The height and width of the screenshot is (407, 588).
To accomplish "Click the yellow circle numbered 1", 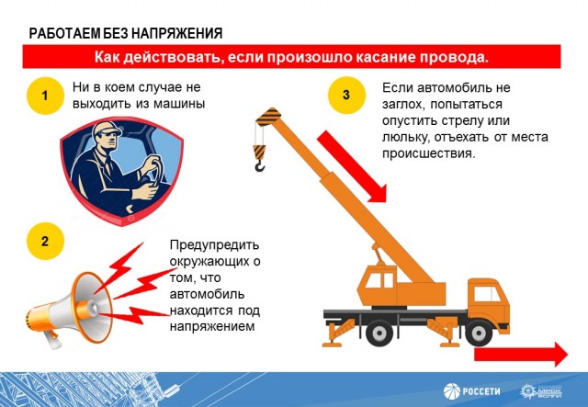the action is pos(45,96).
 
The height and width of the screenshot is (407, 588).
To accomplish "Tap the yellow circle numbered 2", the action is pos(45,241).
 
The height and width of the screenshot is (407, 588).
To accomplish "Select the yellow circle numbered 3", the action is pos(346,95).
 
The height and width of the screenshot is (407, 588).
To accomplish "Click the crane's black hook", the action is pos(259,165).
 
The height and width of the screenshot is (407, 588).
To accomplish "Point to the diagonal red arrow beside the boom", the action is pos(351,166).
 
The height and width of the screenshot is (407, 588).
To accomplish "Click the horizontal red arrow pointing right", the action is pos(521,355).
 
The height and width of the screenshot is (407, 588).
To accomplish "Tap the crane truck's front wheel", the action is pos(479,333).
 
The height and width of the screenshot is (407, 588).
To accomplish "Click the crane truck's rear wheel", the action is pos(379,333).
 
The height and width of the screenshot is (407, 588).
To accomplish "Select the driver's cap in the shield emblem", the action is pos(107,129).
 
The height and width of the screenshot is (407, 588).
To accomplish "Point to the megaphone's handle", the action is pos(51,339).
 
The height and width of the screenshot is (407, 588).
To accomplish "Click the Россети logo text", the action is pos(481,391).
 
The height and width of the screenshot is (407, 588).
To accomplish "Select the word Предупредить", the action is pos(214,245).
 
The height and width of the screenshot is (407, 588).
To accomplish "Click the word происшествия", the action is pos(429,153).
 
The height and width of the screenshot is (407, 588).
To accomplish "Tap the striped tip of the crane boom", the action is pos(267,117).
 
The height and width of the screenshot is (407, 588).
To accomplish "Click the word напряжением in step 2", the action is pos(212,327).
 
